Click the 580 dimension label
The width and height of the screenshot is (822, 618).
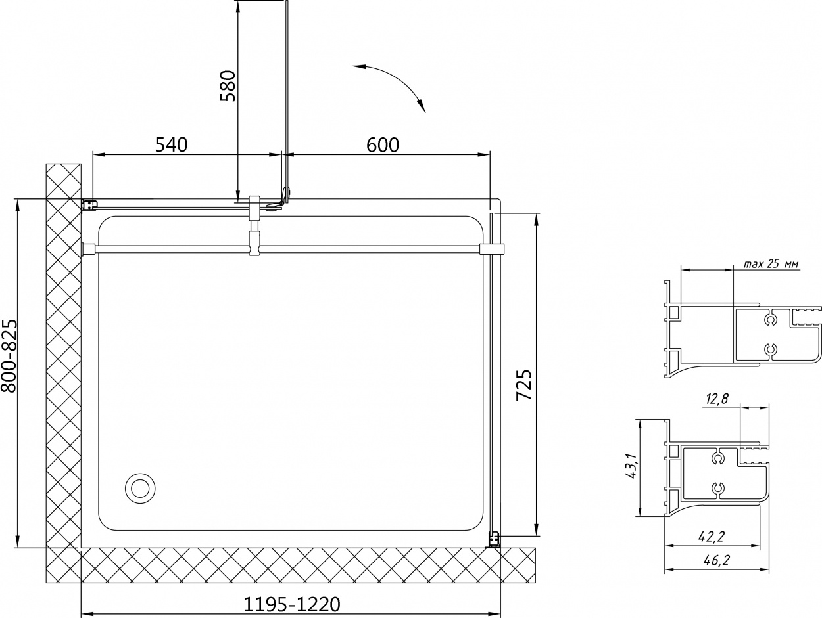coord(228,85)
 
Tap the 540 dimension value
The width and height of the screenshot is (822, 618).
coord(171,144)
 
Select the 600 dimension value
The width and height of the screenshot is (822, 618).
coord(383,144)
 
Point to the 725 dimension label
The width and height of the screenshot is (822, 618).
coord(524,385)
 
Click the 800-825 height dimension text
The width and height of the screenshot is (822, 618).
coord(9,355)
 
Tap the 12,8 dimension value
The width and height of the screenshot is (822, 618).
coord(717,399)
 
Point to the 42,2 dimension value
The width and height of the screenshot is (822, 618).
coord(711,537)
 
